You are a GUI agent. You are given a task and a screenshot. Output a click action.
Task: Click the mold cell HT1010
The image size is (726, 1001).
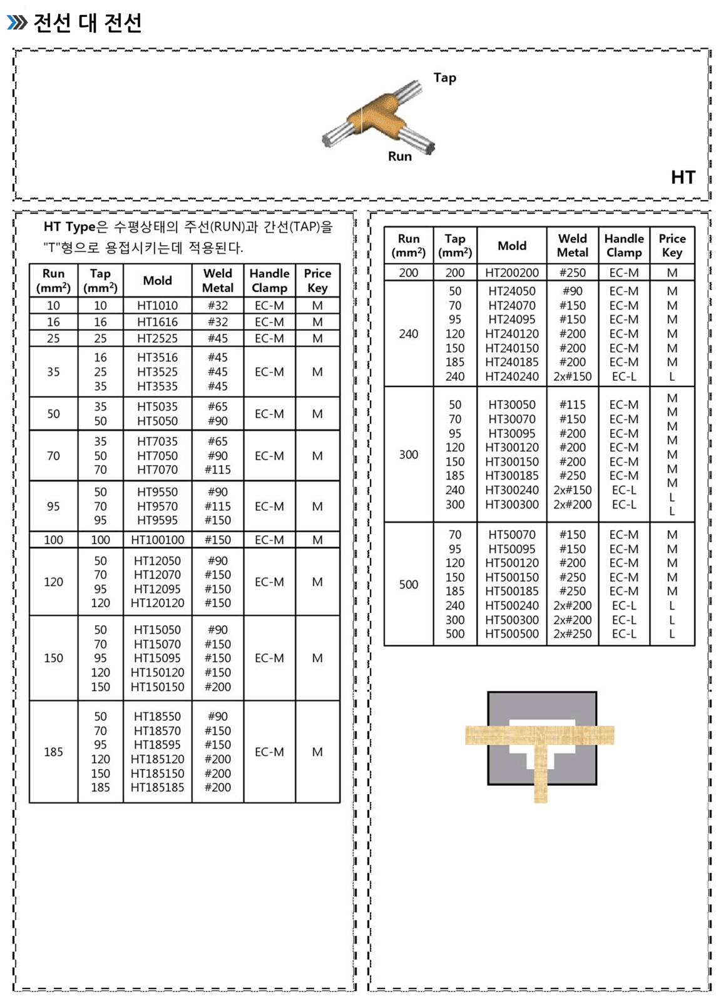[157, 306]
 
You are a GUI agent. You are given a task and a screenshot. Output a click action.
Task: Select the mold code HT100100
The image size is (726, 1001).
[157, 540]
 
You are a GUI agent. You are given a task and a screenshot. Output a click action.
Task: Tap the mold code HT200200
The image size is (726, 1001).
[511, 273]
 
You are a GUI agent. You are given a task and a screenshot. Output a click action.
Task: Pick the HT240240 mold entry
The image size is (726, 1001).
[511, 376]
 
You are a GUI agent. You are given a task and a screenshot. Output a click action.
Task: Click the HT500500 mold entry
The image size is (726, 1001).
[511, 634]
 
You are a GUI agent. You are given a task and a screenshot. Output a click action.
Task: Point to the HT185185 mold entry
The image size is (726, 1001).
[157, 788]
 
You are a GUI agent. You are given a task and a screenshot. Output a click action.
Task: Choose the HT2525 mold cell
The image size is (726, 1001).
[157, 338]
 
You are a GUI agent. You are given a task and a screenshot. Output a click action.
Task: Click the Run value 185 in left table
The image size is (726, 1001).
[53, 752]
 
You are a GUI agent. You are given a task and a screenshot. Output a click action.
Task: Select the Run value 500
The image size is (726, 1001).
[408, 585]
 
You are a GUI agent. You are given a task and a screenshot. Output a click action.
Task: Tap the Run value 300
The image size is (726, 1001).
[408, 455]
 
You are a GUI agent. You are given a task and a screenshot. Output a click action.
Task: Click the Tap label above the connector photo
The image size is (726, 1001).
[444, 78]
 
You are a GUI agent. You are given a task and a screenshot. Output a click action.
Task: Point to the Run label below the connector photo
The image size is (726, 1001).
[399, 156]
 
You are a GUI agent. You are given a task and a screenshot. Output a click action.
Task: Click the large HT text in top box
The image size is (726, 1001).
[682, 178]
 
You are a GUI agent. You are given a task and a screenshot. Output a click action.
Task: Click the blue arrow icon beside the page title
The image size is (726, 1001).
[17, 23]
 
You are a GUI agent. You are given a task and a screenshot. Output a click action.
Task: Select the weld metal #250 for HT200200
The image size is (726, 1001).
[572, 273]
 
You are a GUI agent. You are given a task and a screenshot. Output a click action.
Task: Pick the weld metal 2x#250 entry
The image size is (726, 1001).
[572, 634]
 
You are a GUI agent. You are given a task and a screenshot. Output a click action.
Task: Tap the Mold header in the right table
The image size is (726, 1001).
[511, 246]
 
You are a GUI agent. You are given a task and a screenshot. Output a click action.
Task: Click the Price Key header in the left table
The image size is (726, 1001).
[317, 281]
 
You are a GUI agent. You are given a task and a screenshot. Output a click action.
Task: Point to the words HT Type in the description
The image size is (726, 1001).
[69, 227]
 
